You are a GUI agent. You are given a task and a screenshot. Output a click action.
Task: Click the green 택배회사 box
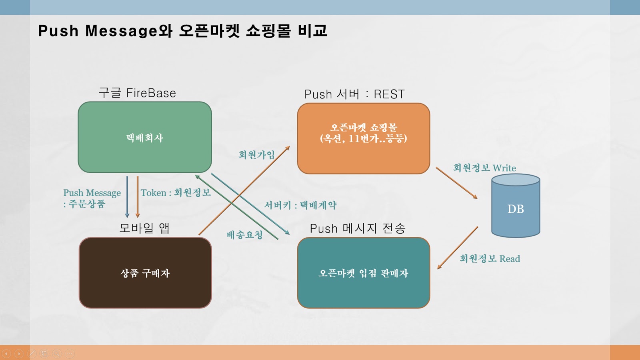pyautogui.click(x=145, y=137)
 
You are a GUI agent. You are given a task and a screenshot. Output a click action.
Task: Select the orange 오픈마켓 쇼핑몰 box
pyautogui.click(x=364, y=138)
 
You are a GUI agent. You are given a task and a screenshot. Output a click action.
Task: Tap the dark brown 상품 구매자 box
pyautogui.click(x=145, y=273)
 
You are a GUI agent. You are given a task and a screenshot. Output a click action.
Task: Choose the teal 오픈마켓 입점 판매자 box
pyautogui.click(x=364, y=273)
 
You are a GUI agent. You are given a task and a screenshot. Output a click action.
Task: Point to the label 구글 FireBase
pyautogui.click(x=137, y=93)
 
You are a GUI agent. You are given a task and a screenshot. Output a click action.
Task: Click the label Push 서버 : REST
pyautogui.click(x=354, y=94)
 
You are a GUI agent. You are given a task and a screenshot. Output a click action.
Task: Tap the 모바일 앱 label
pyautogui.click(x=144, y=228)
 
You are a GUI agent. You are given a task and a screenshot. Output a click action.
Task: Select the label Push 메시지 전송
pyautogui.click(x=358, y=228)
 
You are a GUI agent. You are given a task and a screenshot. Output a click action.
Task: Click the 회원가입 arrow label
pyautogui.click(x=256, y=155)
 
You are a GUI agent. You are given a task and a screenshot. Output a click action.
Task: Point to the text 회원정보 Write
pyautogui.click(x=484, y=168)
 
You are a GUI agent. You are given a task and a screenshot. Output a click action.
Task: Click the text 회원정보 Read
pyautogui.click(x=490, y=258)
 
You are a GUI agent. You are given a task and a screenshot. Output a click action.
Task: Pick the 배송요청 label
pyautogui.click(x=244, y=235)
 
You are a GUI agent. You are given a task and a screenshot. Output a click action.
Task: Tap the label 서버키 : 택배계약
pyautogui.click(x=300, y=205)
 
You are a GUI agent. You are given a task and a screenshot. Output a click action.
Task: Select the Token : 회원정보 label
pyautogui.click(x=176, y=193)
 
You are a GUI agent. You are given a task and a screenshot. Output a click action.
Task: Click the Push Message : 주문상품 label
pyautogui.click(x=92, y=198)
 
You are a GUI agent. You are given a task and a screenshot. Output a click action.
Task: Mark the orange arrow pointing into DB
pyautogui.click(x=456, y=183)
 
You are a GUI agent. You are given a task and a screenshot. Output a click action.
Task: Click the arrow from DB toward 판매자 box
pyautogui.click(x=458, y=248)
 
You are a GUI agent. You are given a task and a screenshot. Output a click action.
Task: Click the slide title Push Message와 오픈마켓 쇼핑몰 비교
pyautogui.click(x=182, y=31)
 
